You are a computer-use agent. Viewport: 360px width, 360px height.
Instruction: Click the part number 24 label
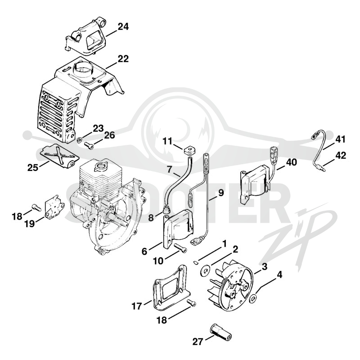[x=123, y=27]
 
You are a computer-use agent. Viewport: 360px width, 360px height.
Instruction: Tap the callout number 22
[x=123, y=59]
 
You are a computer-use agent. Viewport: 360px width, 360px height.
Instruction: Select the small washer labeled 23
[x=80, y=139]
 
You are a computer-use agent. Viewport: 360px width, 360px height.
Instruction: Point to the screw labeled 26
[x=89, y=145]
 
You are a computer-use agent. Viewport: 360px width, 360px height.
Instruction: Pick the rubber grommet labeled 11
[x=189, y=151]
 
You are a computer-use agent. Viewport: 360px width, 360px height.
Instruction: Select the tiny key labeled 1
[x=196, y=263]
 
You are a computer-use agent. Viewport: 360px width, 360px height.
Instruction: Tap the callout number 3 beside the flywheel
[x=265, y=267]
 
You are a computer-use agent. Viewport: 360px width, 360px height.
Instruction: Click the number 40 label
[x=291, y=162]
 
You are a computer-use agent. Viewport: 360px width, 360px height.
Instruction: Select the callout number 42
[x=340, y=155]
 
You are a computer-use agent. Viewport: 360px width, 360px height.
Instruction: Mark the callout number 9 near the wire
[x=221, y=193]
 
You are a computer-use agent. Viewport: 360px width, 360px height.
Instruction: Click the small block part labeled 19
[x=54, y=207]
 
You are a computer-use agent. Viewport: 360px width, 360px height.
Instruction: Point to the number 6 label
[x=144, y=252]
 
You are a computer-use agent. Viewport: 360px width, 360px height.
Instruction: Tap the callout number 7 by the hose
[x=169, y=170]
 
